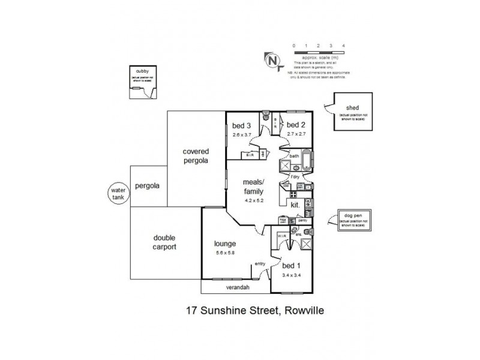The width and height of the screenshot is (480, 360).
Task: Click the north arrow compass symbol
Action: [273, 60]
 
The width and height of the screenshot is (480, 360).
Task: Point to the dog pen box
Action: [351, 223]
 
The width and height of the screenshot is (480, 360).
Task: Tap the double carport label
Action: [164, 242]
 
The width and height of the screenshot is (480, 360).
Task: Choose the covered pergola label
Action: [196, 157]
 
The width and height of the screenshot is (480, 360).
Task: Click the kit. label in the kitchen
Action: [295, 205]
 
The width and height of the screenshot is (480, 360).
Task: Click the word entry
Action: [260, 263]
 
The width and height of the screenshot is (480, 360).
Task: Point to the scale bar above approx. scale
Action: [318, 52]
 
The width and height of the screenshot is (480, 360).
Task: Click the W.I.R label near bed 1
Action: [282, 236]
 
